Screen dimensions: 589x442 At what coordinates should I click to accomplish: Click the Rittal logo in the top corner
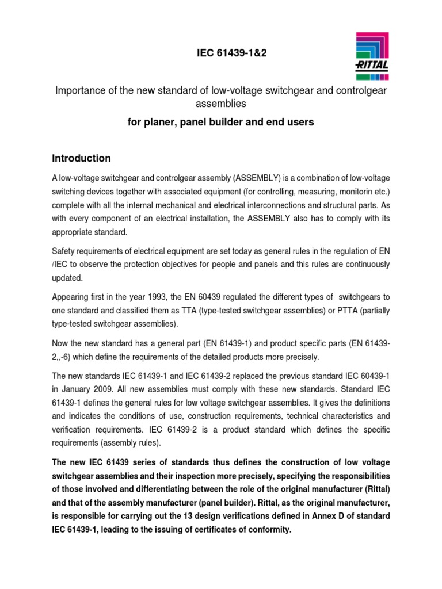pos(371,56)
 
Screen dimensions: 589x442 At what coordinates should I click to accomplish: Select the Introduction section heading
pos(82,158)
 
